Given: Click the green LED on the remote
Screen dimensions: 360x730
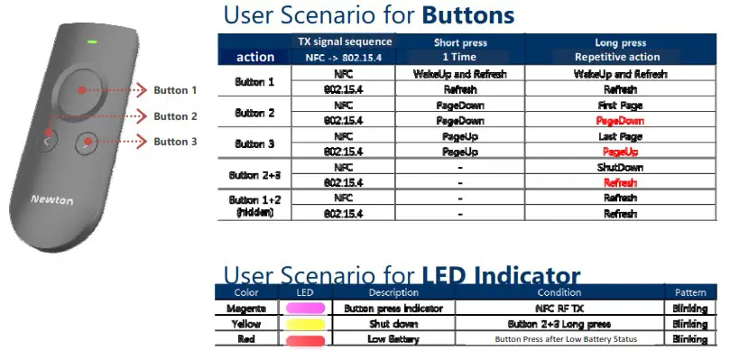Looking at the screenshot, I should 92,42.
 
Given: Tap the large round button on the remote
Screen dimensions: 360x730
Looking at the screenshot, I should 81,90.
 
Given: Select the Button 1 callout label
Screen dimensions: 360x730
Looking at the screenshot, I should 175,90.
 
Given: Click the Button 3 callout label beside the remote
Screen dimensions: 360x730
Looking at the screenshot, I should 175,142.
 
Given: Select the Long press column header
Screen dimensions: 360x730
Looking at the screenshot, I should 619,42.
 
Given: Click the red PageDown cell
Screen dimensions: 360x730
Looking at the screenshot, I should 619,120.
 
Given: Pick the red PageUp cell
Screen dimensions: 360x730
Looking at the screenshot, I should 619,152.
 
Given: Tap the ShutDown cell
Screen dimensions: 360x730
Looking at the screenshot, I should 619,167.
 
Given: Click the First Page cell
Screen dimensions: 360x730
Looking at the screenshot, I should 619,105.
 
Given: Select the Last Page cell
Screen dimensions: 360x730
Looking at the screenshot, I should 619,136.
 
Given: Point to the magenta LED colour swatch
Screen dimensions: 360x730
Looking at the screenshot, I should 304,309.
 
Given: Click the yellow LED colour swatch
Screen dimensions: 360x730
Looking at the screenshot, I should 304,324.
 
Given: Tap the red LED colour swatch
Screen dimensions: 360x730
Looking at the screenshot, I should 304,339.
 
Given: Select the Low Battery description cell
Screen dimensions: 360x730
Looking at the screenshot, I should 393,339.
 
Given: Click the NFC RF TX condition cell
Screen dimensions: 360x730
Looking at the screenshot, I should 559,309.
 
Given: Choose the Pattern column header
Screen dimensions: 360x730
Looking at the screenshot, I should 690,292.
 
